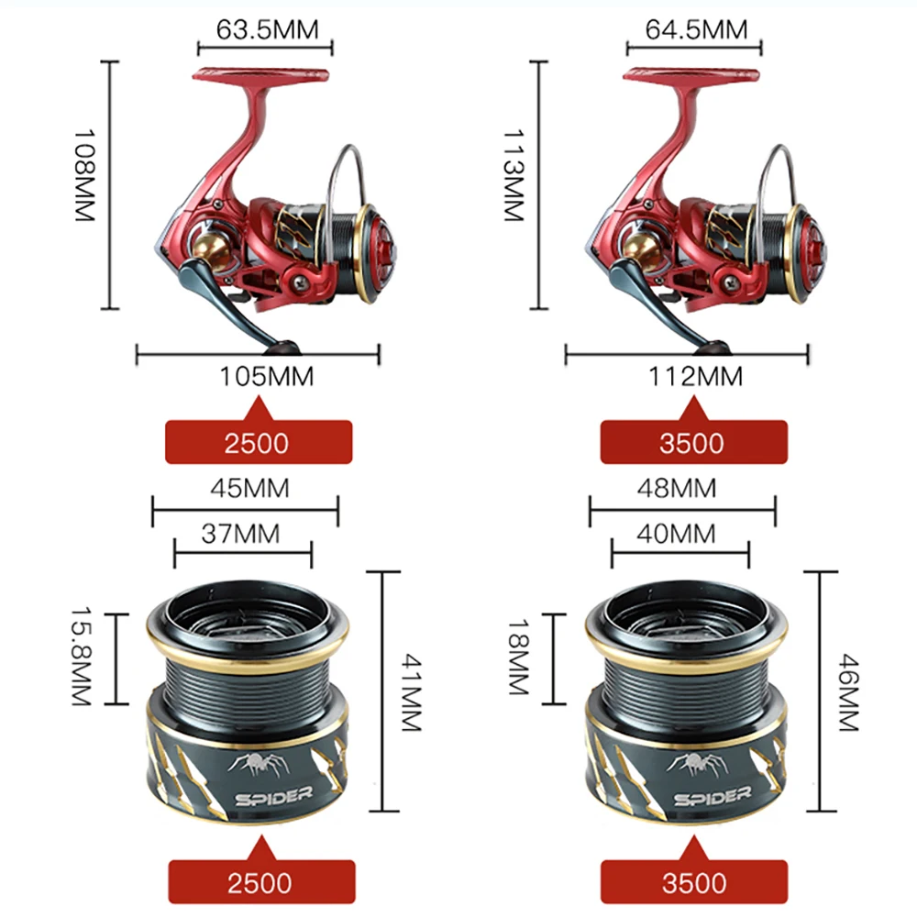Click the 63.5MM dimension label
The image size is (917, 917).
click(x=267, y=28)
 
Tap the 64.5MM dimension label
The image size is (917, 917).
click(x=696, y=28)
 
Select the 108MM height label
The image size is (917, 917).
click(x=84, y=185)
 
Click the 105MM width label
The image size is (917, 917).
click(x=267, y=376)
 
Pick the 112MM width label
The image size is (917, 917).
click(x=696, y=376)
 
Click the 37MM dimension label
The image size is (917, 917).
click(x=241, y=532)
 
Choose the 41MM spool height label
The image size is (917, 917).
click(x=410, y=691)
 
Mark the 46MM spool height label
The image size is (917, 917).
click(x=846, y=691)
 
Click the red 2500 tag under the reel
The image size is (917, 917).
click(x=257, y=442)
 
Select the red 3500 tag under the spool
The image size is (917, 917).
click(x=694, y=882)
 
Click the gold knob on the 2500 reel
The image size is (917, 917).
click(x=210, y=247)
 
